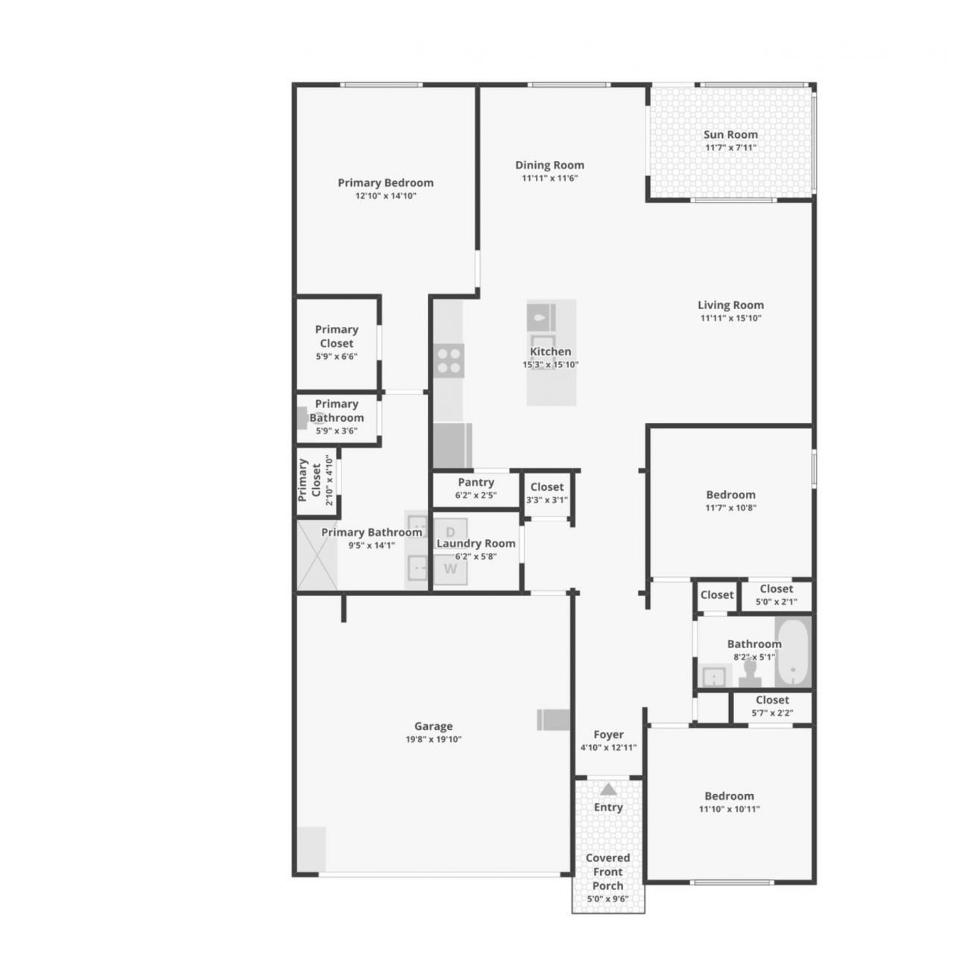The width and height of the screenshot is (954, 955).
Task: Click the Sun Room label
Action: pyautogui.click(x=730, y=135)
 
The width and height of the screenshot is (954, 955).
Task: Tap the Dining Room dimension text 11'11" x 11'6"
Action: pyautogui.click(x=550, y=178)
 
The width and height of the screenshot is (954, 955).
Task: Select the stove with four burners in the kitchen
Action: pyautogui.click(x=449, y=360)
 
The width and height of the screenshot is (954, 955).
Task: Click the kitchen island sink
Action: pyautogui.click(x=541, y=317)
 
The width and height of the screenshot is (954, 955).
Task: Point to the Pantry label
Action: pyautogui.click(x=476, y=483)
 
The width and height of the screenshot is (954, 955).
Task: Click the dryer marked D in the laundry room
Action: pyautogui.click(x=450, y=532)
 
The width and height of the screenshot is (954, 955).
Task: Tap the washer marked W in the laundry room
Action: pyautogui.click(x=450, y=569)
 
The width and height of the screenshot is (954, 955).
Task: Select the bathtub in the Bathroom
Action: pyautogui.click(x=792, y=652)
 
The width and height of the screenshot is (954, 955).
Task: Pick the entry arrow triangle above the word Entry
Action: pyautogui.click(x=608, y=789)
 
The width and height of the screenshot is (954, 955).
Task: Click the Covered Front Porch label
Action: pyautogui.click(x=607, y=872)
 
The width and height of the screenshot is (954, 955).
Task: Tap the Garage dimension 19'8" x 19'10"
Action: pyautogui.click(x=433, y=740)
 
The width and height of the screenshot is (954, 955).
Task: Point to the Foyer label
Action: pyautogui.click(x=608, y=735)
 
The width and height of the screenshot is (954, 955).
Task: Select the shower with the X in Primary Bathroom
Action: pyautogui.click(x=317, y=555)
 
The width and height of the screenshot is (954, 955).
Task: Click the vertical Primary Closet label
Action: pyautogui.click(x=303, y=480)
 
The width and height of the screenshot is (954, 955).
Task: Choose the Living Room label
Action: pyautogui.click(x=730, y=305)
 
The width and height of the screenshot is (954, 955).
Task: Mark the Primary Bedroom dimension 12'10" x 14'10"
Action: pyautogui.click(x=385, y=196)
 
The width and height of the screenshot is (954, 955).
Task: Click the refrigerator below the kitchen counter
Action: pyautogui.click(x=452, y=445)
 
